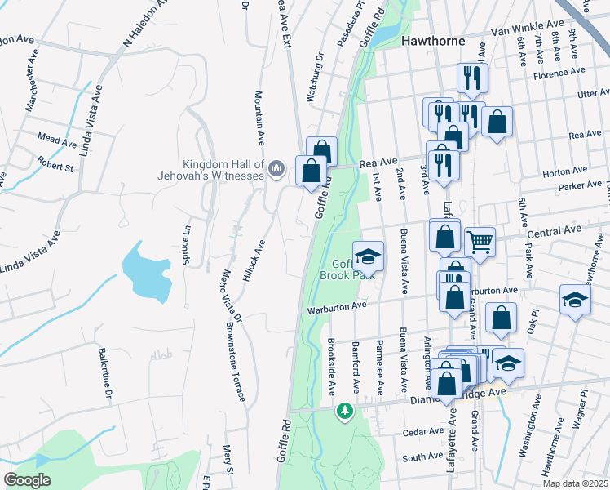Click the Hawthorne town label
tap(433, 41)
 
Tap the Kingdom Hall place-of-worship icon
tap(276, 169)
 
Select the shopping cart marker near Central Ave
tap(480, 241)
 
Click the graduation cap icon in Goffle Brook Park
tap(368, 256)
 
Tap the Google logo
tap(27, 480)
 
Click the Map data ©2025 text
tap(575, 483)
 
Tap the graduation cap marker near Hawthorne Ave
tap(575, 298)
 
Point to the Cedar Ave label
tap(422, 430)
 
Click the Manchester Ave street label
tap(34, 80)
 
